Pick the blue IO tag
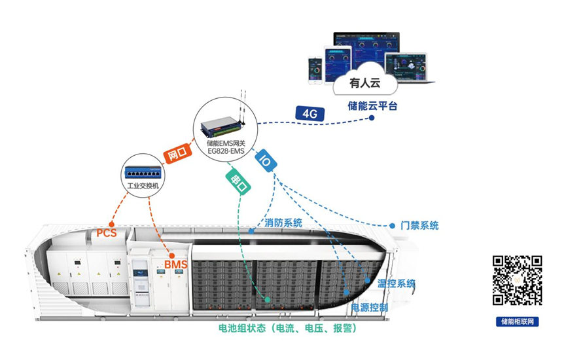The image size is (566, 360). (266, 160)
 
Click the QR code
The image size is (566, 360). (517, 280)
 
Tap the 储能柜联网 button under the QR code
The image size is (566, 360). (517, 321)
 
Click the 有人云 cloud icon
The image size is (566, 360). (364, 84)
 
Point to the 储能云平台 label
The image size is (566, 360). (373, 105)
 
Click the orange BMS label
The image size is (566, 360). (176, 264)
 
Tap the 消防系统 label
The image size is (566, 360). (283, 223)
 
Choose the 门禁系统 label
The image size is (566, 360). (419, 226)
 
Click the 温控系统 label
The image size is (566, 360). (396, 283)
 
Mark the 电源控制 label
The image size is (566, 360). (370, 307)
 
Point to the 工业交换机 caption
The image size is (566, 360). (143, 186)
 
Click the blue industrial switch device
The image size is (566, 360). (143, 171)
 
